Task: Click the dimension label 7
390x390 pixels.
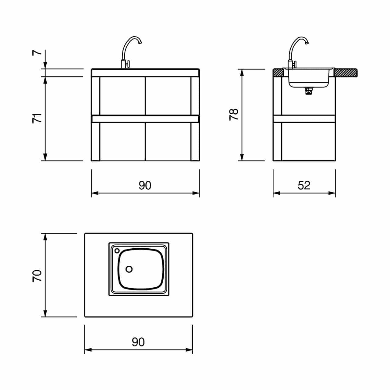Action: click(x=37, y=53)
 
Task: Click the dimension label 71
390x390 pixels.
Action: click(x=37, y=119)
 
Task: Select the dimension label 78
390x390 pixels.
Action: click(x=234, y=115)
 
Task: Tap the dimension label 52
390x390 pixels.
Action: click(x=304, y=185)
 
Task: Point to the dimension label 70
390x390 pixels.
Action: click(x=37, y=276)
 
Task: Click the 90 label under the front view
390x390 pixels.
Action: click(x=145, y=185)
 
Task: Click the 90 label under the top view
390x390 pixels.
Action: click(x=138, y=342)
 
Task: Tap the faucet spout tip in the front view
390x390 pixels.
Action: click(x=140, y=42)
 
